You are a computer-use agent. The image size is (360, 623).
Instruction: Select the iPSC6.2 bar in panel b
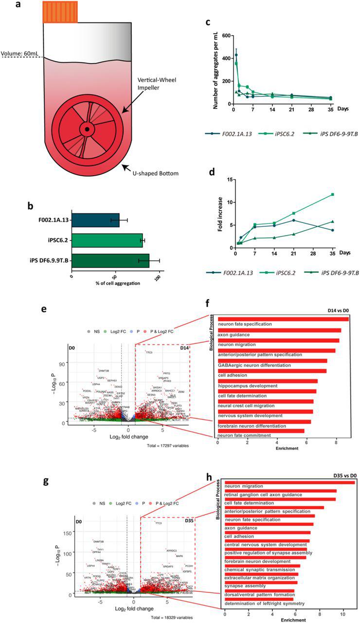[x=107, y=240]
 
